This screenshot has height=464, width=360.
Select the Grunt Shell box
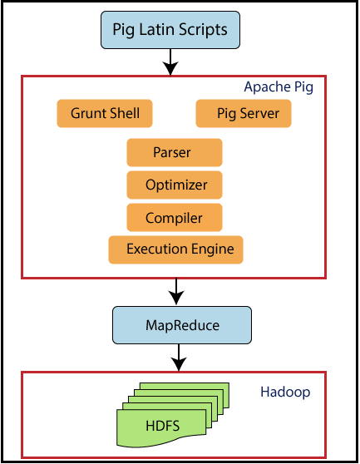(x=105, y=113)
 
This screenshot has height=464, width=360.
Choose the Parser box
(x=174, y=153)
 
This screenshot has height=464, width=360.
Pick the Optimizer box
(x=174, y=185)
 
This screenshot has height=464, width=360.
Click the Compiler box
(x=174, y=218)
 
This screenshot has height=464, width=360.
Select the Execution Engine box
(x=175, y=249)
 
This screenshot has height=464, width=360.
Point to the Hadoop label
(x=285, y=391)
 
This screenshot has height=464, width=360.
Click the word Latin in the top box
(x=170, y=31)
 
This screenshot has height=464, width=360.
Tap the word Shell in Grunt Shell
(x=125, y=113)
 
